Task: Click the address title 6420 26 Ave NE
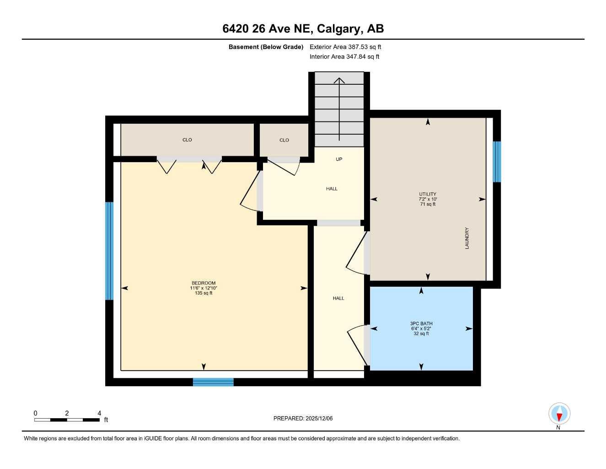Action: pos(303,29)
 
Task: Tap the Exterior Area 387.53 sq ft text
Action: pos(345,47)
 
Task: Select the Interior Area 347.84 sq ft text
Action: pos(344,57)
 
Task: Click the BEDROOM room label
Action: pos(204,283)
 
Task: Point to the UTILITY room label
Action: pos(428,194)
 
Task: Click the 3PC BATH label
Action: pos(421,324)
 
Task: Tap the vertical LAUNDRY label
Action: pos(467,238)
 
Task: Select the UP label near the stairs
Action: pos(339,159)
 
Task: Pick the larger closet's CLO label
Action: pos(187,140)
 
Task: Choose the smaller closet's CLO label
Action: pos(284,140)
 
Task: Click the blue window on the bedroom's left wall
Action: pos(109,251)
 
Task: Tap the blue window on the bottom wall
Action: pos(213,382)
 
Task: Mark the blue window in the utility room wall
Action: pos(497,162)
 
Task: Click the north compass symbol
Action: pos(559,414)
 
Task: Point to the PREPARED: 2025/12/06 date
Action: pos(303,418)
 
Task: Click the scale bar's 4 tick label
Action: pos(99,413)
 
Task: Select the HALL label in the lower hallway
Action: pos(338,298)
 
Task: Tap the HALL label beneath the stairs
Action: pos(332,189)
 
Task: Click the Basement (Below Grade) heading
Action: pos(266,47)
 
